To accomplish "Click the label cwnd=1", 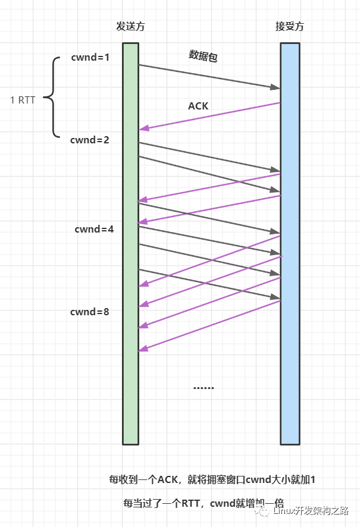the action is pyautogui.click(x=90, y=58).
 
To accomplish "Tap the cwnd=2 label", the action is pyautogui.click(x=89, y=140).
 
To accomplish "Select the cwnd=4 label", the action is pyautogui.click(x=94, y=229).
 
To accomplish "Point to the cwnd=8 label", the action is pyautogui.click(x=89, y=312).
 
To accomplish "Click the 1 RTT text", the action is pyautogui.click(x=23, y=100).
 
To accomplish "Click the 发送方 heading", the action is pyautogui.click(x=130, y=27).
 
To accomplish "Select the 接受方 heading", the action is pyautogui.click(x=289, y=27).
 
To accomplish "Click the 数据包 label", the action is pyautogui.click(x=203, y=56).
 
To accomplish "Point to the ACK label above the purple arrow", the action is pyautogui.click(x=198, y=106).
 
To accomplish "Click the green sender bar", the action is pyautogui.click(x=131, y=244).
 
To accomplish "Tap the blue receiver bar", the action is pyautogui.click(x=290, y=244).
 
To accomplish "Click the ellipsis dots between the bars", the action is pyautogui.click(x=204, y=388).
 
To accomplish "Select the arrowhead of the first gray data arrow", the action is pyautogui.click(x=276, y=87).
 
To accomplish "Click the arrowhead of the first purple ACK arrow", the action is pyautogui.click(x=144, y=128).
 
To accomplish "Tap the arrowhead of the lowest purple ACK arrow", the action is pyautogui.click(x=143, y=349).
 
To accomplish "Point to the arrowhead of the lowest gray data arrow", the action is pyautogui.click(x=276, y=297).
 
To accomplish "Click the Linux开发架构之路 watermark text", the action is pyautogui.click(x=311, y=511).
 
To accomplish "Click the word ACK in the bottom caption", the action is pyautogui.click(x=167, y=479).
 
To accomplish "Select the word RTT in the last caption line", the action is pyautogui.click(x=191, y=503).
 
